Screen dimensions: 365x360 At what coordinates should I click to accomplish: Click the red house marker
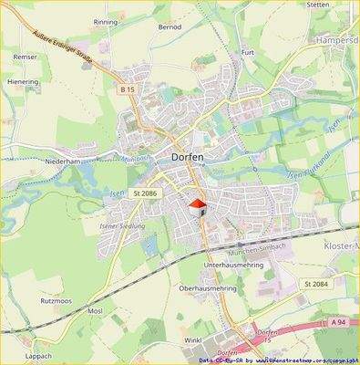tap(197, 207)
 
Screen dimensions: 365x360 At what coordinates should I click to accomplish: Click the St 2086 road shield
tap(145, 193)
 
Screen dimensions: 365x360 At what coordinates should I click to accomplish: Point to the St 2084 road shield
tap(314, 284)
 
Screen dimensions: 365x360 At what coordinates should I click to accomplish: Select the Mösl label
tap(94, 311)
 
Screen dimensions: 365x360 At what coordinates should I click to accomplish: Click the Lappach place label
tap(39, 355)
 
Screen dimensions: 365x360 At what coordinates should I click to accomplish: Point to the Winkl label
tap(192, 339)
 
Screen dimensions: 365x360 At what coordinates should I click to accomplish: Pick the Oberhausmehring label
tap(208, 288)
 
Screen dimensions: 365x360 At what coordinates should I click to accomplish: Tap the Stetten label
tap(318, 5)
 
